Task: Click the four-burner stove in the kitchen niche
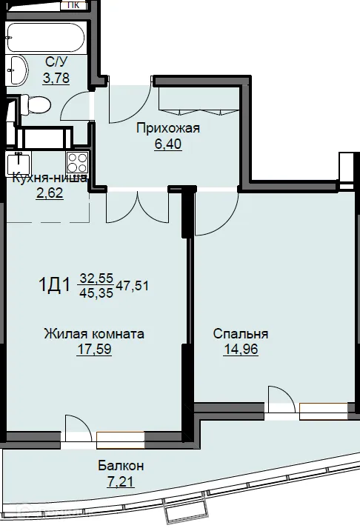click(x=76, y=162)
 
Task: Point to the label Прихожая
click(x=167, y=128)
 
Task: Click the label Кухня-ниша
click(x=49, y=178)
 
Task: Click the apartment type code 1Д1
click(x=54, y=284)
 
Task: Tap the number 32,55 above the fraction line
click(x=96, y=278)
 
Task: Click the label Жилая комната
click(x=93, y=334)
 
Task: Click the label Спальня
click(x=241, y=334)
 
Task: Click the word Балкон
click(x=121, y=466)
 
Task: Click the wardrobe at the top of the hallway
click(x=198, y=95)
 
